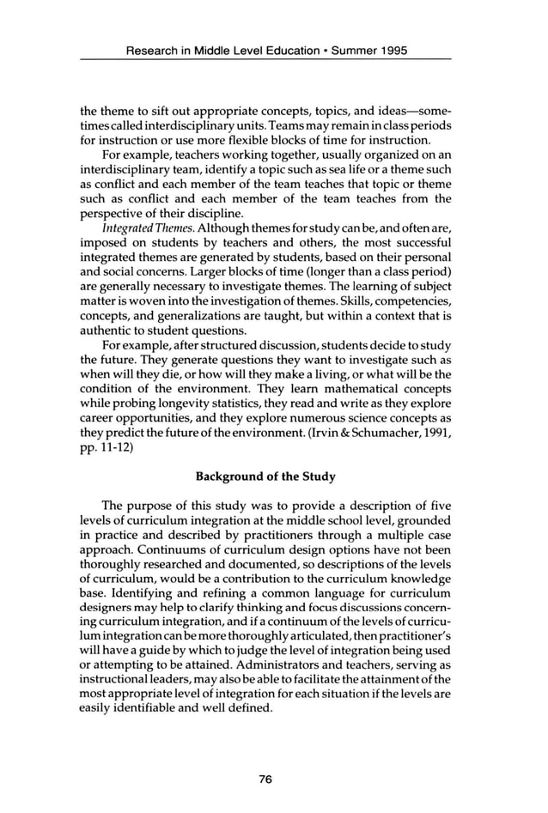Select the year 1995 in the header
pos(390,51)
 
